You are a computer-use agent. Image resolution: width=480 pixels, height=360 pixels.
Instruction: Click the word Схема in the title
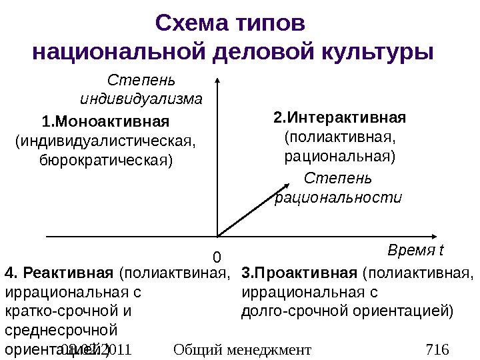[x=191, y=23]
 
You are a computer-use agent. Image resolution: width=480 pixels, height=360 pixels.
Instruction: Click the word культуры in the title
[x=379, y=51]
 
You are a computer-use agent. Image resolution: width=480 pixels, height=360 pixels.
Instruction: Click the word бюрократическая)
[x=106, y=161]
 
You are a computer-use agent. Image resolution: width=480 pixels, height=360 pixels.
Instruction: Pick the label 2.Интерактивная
[x=339, y=119]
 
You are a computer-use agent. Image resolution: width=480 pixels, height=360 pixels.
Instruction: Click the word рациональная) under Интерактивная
[x=339, y=157]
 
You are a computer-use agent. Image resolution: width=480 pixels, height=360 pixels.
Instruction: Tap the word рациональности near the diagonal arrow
[x=339, y=198]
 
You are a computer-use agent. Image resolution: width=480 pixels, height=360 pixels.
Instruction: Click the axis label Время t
[x=415, y=251]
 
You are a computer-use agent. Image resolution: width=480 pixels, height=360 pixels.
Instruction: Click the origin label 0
[x=217, y=257]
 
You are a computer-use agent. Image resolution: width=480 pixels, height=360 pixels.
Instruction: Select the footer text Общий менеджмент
[x=241, y=349]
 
